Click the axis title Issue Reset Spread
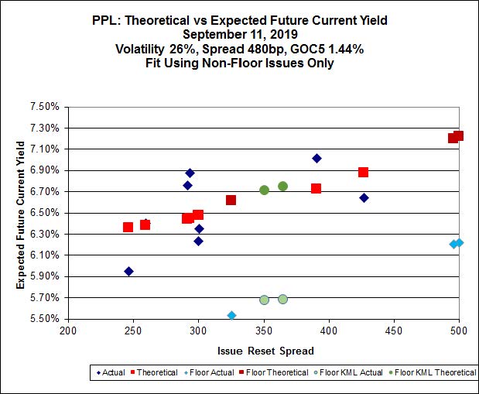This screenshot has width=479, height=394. pos(265,351)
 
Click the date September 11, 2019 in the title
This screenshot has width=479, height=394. pos(241,34)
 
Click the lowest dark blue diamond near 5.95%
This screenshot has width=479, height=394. pos(128,271)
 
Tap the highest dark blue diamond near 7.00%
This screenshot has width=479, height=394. pos(316,158)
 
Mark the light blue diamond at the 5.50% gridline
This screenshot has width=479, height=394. pos(231,315)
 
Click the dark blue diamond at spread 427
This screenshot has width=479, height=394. pos(364,197)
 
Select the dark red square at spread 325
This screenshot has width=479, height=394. pos(231,200)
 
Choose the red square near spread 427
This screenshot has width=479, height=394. pos(363,172)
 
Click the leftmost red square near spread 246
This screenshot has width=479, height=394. pos(128,227)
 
